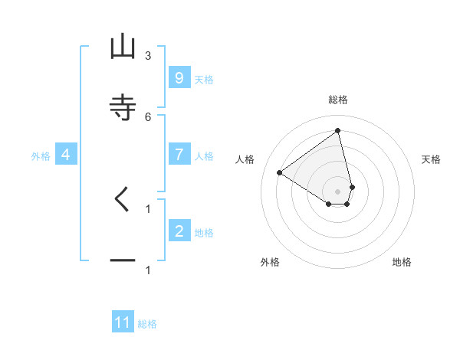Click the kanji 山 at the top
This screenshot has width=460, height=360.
coord(123,47)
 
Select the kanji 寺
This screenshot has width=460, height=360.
coord(123,107)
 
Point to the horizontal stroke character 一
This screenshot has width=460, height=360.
coord(123,260)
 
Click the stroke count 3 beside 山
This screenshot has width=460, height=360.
coord(148,56)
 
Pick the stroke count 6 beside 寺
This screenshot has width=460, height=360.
coord(148,116)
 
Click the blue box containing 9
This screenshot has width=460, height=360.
coord(179,77)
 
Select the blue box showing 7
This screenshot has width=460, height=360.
coord(179,154)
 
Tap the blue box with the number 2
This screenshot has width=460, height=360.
coord(179,231)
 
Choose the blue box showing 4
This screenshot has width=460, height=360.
coord(66,155)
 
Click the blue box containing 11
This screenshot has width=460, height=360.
coord(123,322)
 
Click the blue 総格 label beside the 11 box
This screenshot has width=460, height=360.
coord(147,324)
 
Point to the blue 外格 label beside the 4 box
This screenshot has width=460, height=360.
coord(41,156)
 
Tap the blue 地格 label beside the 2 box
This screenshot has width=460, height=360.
coord(204,233)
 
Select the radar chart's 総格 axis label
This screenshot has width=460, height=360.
coord(338,100)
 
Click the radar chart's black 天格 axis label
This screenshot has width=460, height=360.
coord(431,159)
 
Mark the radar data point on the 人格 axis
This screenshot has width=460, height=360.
coord(280,172)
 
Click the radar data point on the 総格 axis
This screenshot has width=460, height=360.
coord(338,131)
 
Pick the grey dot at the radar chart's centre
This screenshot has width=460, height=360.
coord(338,191)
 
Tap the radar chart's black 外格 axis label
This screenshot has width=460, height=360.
coord(270,262)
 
